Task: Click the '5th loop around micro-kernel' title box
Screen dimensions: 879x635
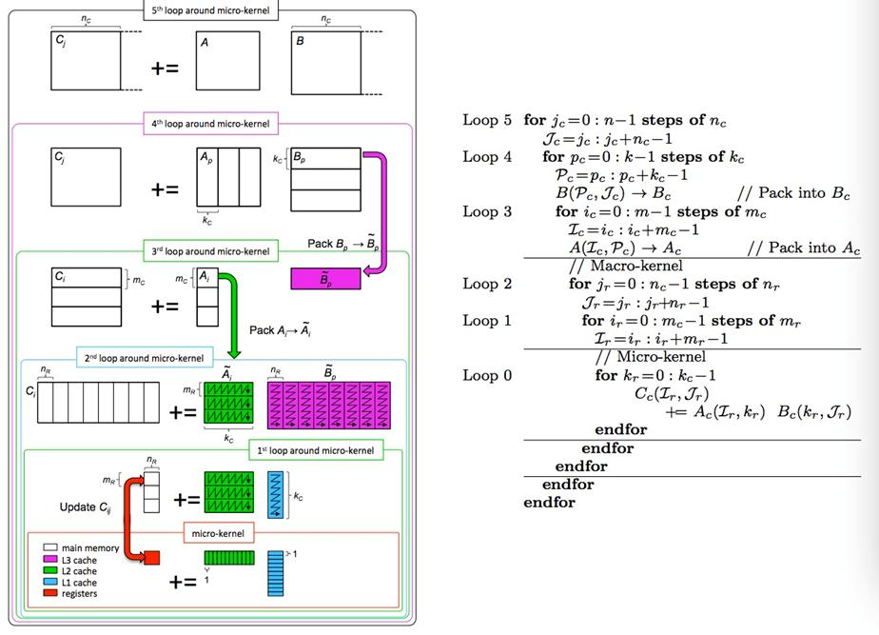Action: click(x=211, y=10)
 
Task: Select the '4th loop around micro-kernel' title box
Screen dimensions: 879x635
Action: click(x=211, y=124)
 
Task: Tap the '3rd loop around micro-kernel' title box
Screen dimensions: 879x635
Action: click(x=211, y=251)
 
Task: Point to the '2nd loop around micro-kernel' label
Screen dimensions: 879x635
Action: click(x=145, y=358)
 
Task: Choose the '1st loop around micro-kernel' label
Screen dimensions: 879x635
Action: click(x=316, y=450)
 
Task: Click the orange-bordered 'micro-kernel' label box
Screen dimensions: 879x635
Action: click(x=218, y=533)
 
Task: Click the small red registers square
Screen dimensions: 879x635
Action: click(x=152, y=558)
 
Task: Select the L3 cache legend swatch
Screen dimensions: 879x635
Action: click(x=49, y=559)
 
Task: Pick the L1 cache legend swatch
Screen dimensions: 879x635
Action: click(x=49, y=582)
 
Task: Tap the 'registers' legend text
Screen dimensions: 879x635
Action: click(x=79, y=593)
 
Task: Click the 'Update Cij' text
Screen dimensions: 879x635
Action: click(x=86, y=507)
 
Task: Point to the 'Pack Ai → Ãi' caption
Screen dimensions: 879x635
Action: click(x=281, y=329)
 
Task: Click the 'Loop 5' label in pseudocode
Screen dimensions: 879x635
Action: click(x=487, y=120)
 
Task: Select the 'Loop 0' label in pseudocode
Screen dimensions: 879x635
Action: click(x=487, y=375)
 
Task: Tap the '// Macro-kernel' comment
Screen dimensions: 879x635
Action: click(x=626, y=266)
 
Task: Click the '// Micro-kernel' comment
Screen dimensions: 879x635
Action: click(x=651, y=356)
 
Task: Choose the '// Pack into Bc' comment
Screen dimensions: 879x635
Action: click(x=793, y=193)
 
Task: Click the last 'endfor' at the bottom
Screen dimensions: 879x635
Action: click(x=550, y=502)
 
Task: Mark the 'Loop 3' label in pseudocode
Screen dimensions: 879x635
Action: click(x=487, y=211)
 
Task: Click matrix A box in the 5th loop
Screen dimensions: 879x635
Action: click(x=227, y=61)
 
